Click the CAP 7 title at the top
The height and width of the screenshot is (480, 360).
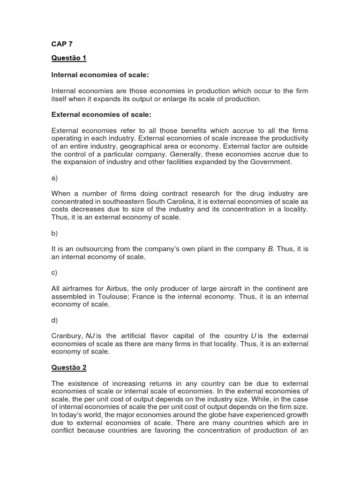tap(62, 44)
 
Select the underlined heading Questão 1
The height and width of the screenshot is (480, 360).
tap(69, 59)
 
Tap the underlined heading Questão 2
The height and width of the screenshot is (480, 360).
tap(69, 367)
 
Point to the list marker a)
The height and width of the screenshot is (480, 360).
tap(54, 178)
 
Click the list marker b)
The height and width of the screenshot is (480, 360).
tap(54, 233)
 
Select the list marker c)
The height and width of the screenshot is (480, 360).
tap(54, 273)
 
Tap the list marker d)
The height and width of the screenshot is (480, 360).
tap(54, 320)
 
